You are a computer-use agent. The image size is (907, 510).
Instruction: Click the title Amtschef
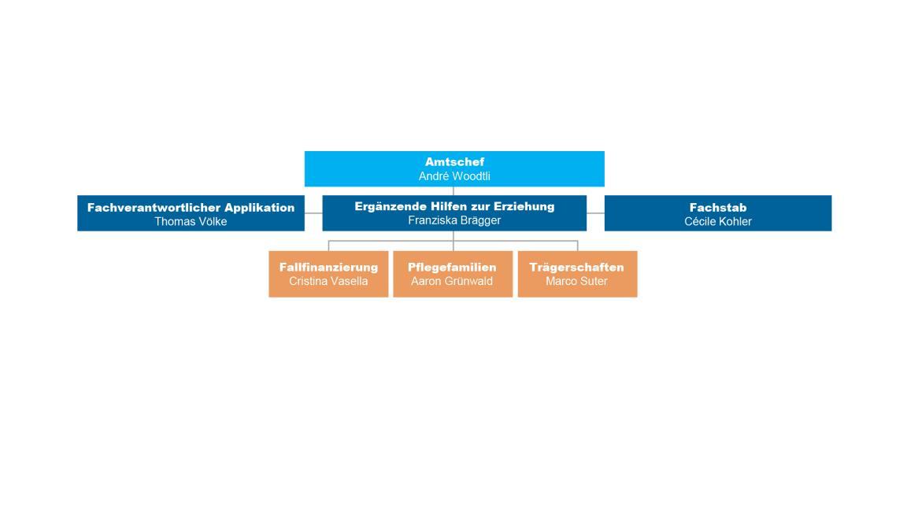454,162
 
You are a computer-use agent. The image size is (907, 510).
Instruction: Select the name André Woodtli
454,176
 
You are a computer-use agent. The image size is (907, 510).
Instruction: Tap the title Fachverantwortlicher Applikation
191,208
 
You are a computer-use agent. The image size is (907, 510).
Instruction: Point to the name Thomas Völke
191,221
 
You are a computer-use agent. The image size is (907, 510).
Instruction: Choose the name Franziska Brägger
454,220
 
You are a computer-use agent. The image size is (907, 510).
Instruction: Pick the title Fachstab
718,208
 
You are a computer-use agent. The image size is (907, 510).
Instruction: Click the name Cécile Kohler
718,221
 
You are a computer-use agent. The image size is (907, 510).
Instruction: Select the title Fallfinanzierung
328,267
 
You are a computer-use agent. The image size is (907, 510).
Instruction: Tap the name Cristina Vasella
328,281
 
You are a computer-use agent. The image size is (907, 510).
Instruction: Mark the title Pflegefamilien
453,267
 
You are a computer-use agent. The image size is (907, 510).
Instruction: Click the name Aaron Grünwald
453,281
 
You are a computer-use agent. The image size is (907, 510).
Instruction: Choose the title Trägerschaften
576,267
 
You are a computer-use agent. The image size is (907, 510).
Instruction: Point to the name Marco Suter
576,281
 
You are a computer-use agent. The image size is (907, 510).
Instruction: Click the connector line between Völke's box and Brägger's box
313,213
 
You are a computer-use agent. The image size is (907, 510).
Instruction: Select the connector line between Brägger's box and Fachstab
595,213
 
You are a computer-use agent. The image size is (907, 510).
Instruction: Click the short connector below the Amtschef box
453,190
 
